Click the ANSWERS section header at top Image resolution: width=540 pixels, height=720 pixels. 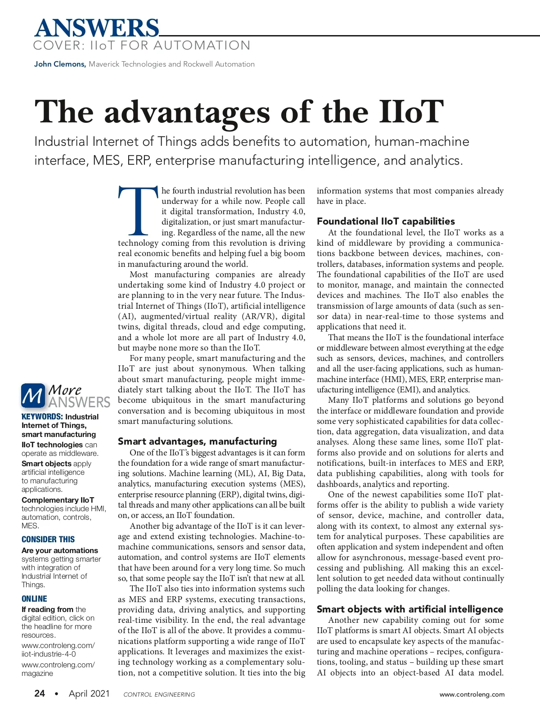coord(97,28)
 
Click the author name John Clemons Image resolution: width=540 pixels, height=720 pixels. coord(60,64)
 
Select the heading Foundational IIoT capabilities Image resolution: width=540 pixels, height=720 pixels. coord(386,221)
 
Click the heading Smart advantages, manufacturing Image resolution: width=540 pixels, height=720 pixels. coord(197,441)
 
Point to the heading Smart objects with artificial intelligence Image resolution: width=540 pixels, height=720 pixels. coord(409,609)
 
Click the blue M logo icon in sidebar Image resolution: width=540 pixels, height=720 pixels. coord(33,396)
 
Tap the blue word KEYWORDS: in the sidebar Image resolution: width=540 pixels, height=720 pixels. coord(42,417)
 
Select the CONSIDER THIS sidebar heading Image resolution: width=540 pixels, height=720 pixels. coord(48,539)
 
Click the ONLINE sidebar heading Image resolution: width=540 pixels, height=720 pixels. coord(34,598)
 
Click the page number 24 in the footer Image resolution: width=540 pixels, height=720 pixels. coord(40,693)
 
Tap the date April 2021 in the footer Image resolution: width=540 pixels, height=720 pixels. coord(89,693)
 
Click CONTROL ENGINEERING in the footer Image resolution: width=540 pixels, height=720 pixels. coord(159,694)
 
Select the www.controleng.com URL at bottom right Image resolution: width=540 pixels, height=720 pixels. coord(472,694)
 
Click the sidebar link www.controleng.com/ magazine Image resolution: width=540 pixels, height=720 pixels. coord(58,669)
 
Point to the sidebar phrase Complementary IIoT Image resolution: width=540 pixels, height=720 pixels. coord(58,500)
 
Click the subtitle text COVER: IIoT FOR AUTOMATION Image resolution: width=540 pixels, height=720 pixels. coord(142,45)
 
